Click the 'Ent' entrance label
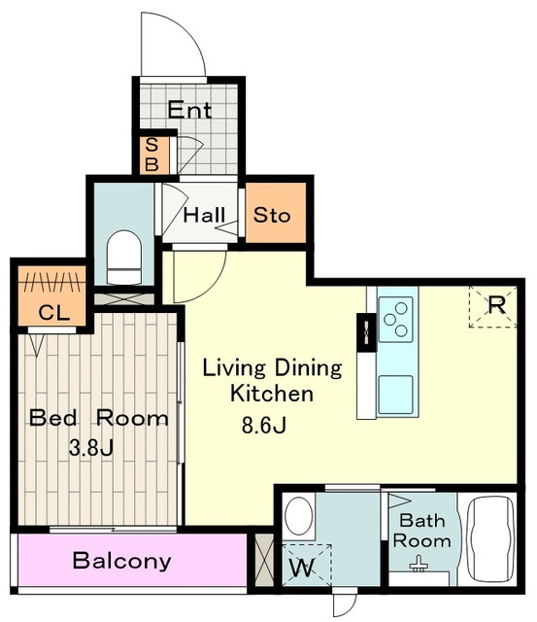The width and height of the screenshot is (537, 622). [189, 110]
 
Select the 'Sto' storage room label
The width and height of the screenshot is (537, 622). [272, 215]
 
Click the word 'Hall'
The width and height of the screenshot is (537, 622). [204, 215]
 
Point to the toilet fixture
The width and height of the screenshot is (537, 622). [124, 257]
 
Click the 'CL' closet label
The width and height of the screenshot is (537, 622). [54, 313]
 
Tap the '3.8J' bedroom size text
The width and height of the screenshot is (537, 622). [91, 448]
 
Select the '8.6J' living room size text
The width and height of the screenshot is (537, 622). [264, 426]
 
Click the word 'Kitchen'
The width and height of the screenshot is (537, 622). [272, 394]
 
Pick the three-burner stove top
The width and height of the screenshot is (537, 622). [395, 320]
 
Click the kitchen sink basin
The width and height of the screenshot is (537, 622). [395, 395]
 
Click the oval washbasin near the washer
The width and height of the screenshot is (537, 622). [299, 516]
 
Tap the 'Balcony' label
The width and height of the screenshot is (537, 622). [122, 561]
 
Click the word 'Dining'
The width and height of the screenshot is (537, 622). [308, 368]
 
